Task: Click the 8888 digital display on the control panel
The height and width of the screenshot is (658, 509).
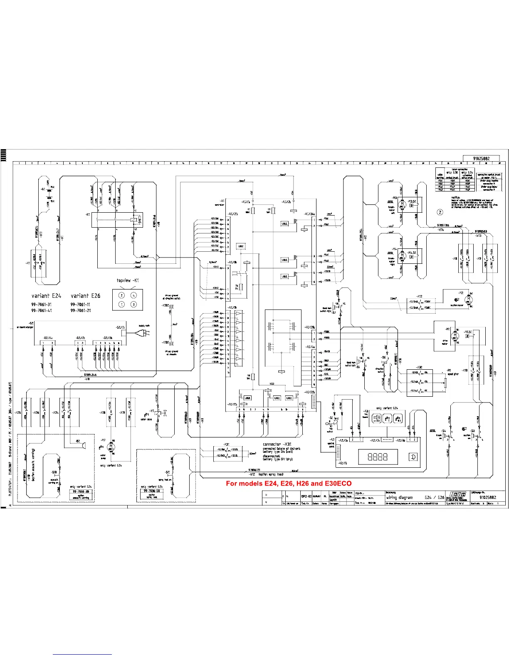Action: point(378,457)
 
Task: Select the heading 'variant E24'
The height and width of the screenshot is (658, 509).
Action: point(46,296)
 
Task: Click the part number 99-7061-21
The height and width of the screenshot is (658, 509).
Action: point(80,310)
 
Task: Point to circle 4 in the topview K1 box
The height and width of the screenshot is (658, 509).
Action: point(133,295)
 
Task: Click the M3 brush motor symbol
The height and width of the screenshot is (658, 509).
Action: point(402,204)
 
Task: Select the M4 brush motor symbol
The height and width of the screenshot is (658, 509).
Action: point(402,254)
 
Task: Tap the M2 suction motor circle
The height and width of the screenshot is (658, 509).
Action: point(469,299)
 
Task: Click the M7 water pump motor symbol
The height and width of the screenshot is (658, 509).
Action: point(111,447)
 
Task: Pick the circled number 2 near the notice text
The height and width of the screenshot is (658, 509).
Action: point(440,212)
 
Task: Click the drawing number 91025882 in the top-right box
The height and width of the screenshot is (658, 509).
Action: point(481,158)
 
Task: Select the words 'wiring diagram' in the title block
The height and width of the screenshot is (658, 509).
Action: point(399,497)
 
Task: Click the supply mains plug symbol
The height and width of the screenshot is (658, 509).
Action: point(143,332)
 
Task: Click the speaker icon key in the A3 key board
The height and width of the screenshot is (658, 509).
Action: point(376,418)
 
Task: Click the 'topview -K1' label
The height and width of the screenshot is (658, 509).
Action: point(128,280)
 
